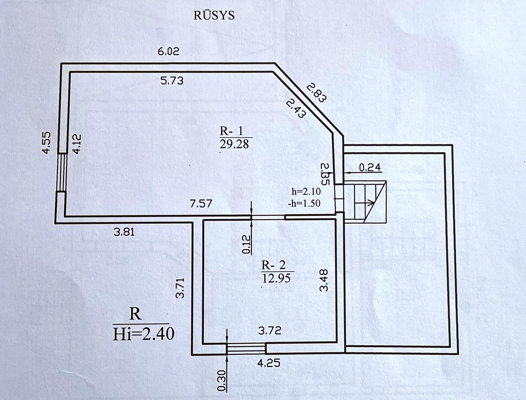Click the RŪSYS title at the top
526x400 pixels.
[x=214, y=16]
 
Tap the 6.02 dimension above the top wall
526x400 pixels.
[x=168, y=51]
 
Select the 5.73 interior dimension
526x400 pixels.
[x=172, y=81]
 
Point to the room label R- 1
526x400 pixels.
[x=231, y=131]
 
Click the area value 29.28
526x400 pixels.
[x=234, y=144]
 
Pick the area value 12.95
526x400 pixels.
[x=276, y=279]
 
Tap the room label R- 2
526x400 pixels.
[x=273, y=265]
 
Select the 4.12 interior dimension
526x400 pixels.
[x=77, y=144]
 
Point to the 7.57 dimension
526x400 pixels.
[x=201, y=204]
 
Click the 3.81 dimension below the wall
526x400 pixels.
[x=124, y=232]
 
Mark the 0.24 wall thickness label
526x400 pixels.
[x=370, y=168]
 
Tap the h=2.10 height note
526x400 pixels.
[x=306, y=192]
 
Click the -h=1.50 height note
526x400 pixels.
[x=304, y=204]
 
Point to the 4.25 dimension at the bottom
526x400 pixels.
[x=269, y=363]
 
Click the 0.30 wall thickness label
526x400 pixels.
[x=222, y=380]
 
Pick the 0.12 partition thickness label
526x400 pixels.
[x=246, y=244]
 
